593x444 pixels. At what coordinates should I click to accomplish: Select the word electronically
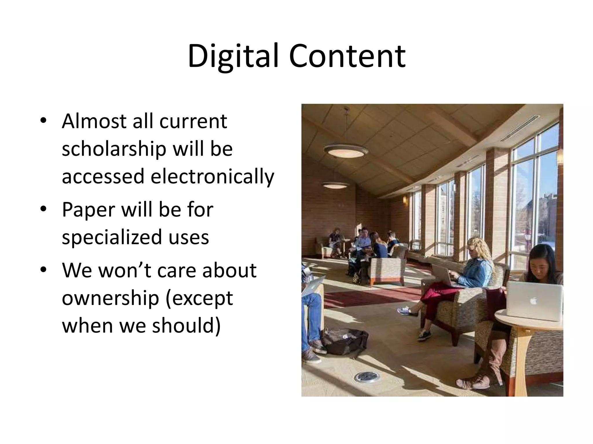click(212, 177)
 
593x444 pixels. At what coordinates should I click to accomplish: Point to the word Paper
click(88, 210)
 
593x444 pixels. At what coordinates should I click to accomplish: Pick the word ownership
click(110, 298)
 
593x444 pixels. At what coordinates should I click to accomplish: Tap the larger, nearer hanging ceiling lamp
click(346, 151)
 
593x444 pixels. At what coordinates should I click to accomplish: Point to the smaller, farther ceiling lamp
click(336, 185)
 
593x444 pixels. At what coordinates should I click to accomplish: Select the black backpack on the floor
click(345, 342)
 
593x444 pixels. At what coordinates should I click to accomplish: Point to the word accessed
click(103, 177)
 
